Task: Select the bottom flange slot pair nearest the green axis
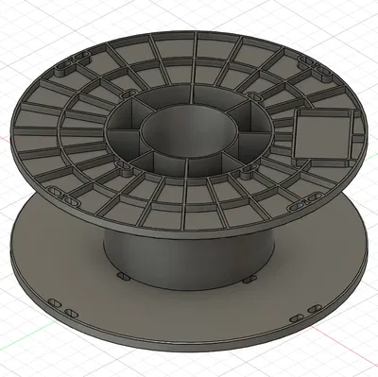61,307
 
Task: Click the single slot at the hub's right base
247,280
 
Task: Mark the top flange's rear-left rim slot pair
72,68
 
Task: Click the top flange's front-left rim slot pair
68,199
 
